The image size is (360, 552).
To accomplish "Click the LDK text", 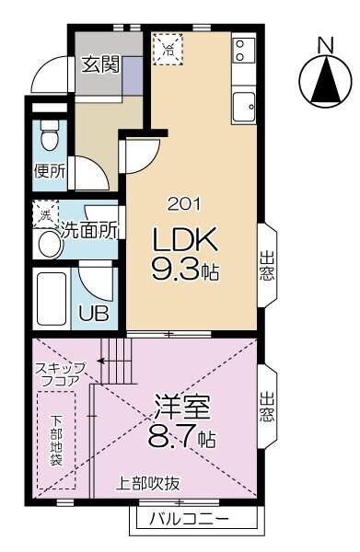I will click(184, 242).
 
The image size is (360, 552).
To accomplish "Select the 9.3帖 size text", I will click(185, 273).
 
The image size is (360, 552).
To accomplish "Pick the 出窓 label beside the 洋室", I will click(266, 406).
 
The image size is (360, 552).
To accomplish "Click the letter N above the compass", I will click(324, 43).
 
